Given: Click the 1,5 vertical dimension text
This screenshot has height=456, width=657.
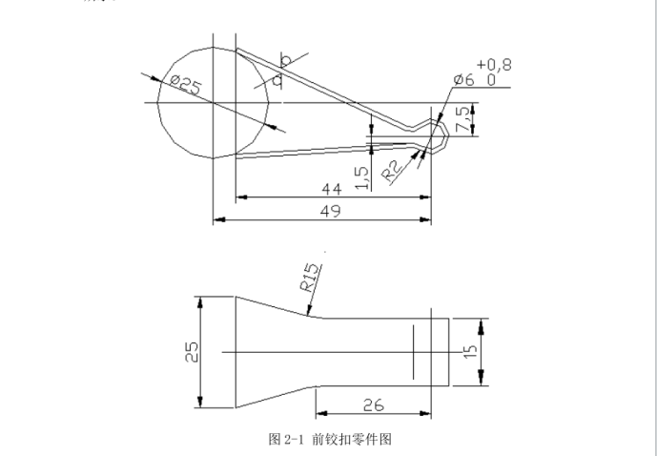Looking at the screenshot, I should click(x=361, y=176).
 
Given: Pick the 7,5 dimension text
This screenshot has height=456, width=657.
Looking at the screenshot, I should click(x=463, y=120).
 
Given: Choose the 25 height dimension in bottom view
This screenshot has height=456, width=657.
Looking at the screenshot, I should click(x=192, y=352).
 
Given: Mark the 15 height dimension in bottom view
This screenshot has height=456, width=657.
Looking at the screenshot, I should click(x=467, y=352).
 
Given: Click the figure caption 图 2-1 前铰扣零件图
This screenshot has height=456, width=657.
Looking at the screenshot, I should click(x=331, y=439).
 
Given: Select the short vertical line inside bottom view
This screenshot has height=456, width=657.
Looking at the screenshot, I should click(x=413, y=350).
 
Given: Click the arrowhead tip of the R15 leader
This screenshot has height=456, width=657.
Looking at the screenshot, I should click(x=307, y=313).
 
